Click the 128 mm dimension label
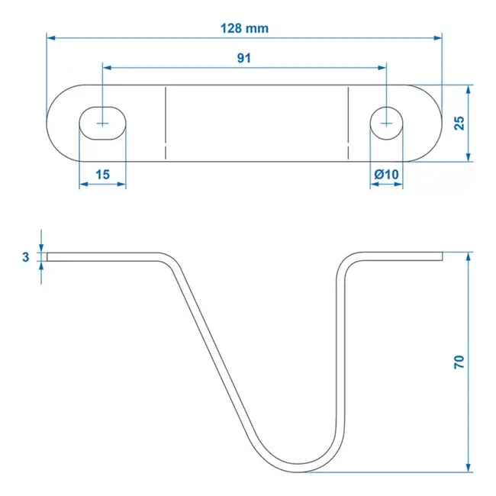(x=244, y=28)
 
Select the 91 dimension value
(x=244, y=58)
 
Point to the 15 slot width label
(x=101, y=175)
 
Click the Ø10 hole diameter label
(x=387, y=175)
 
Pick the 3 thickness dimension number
(x=25, y=257)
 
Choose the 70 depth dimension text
(x=459, y=361)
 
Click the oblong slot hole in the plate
(x=101, y=122)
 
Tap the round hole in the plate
(x=387, y=122)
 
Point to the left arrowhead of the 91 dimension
(x=106, y=67)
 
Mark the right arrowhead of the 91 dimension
(x=383, y=67)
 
